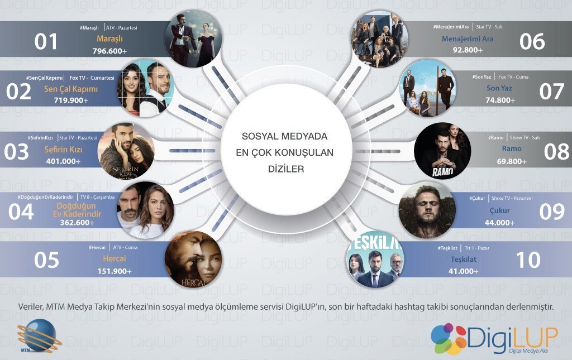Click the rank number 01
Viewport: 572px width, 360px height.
click(46, 42)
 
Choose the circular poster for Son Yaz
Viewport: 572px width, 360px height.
click(428, 89)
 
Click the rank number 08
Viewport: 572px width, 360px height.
click(556, 151)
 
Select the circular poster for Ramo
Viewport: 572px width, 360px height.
click(443, 151)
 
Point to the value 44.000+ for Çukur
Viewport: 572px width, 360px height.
click(484, 222)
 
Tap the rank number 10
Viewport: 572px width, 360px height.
click(527, 260)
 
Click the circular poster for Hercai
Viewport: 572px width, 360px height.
click(193, 260)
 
